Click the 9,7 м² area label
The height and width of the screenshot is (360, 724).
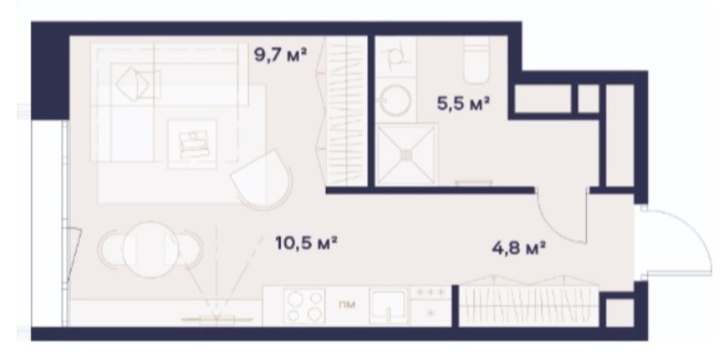[281, 56]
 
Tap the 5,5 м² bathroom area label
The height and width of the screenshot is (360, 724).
[463, 103]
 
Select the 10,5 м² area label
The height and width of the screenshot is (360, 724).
[305, 242]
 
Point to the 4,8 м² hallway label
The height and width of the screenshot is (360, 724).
[519, 248]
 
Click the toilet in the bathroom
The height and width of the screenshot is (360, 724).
[476, 60]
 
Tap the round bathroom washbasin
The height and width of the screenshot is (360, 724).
[395, 99]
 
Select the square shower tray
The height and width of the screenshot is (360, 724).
[406, 154]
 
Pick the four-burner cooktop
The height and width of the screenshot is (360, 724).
[304, 306]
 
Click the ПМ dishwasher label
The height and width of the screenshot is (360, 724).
[346, 304]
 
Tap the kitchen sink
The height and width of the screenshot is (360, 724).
[389, 306]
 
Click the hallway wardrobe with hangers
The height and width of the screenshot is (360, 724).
[529, 301]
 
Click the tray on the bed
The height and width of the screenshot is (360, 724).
[193, 144]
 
